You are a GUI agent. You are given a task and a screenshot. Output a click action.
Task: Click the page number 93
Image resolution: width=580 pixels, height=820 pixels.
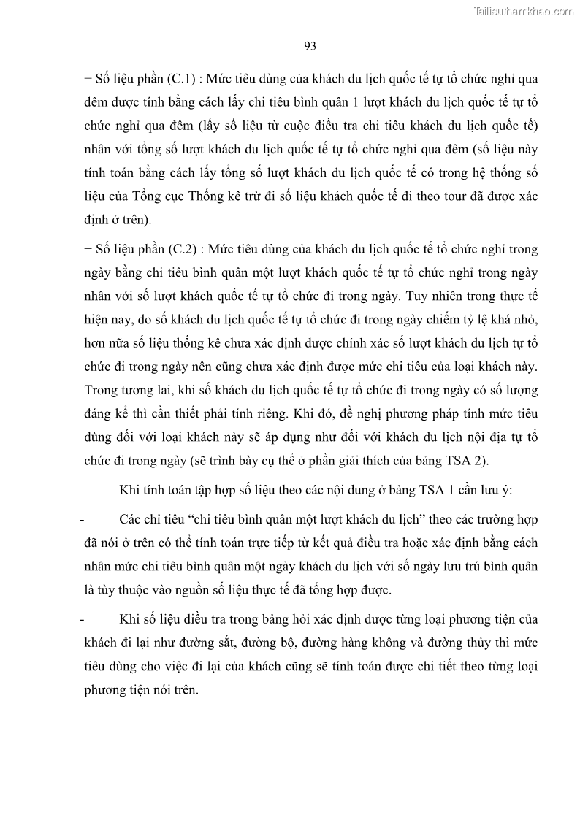(309, 47)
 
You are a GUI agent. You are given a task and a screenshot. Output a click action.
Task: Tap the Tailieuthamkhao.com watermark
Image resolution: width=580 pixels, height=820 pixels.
(524, 11)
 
